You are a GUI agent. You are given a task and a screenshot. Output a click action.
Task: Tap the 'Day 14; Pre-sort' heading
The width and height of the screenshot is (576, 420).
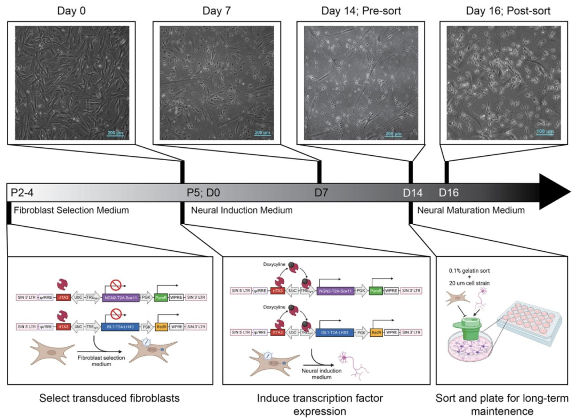[361, 10]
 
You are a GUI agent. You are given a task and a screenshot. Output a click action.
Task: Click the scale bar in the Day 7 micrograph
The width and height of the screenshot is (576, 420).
[265, 137]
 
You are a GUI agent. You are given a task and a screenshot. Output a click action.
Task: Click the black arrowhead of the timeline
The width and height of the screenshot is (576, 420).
[555, 191]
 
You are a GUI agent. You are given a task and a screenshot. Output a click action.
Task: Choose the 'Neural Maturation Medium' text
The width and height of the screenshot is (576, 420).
[470, 210]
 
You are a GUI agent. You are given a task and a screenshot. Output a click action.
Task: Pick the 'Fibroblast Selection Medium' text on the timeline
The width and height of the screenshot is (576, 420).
[71, 210]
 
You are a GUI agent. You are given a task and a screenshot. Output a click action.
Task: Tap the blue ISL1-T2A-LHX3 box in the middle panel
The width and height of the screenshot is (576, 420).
[339, 332]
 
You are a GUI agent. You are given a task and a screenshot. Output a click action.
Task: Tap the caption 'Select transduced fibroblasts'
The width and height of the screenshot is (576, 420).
[109, 398]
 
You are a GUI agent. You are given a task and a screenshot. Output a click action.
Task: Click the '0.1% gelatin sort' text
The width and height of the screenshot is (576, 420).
[469, 268]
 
